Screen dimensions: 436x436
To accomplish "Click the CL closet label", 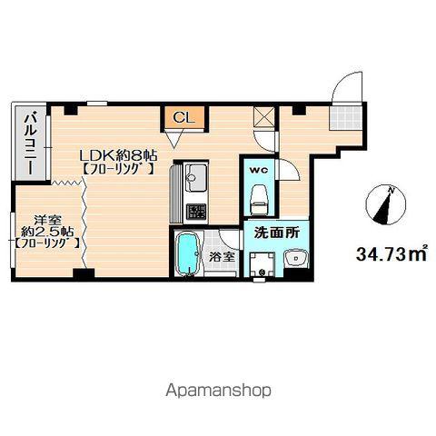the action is [x=183, y=118].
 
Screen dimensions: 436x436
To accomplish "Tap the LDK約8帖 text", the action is [x=118, y=156].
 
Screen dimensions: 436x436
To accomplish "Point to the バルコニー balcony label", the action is [x=31, y=144].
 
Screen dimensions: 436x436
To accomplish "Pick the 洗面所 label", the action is [x=277, y=233].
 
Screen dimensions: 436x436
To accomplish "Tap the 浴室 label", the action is [x=223, y=257].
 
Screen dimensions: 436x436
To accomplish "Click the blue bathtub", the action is [x=187, y=253].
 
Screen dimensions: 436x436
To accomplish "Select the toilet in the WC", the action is [x=261, y=200].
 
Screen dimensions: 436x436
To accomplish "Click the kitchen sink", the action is [x=195, y=179].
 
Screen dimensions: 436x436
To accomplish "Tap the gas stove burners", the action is [x=196, y=212].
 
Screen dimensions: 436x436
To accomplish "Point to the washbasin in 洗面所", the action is [x=296, y=259].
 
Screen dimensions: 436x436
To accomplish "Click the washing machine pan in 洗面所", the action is [x=262, y=264].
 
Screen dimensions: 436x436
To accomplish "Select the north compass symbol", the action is [x=385, y=204].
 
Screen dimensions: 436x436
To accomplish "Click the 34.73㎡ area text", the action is [x=391, y=254].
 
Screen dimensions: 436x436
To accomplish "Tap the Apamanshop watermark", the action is [x=218, y=391].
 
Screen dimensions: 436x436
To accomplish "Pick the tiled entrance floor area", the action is [x=346, y=118].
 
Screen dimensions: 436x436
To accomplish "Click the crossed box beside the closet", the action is [x=264, y=116].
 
